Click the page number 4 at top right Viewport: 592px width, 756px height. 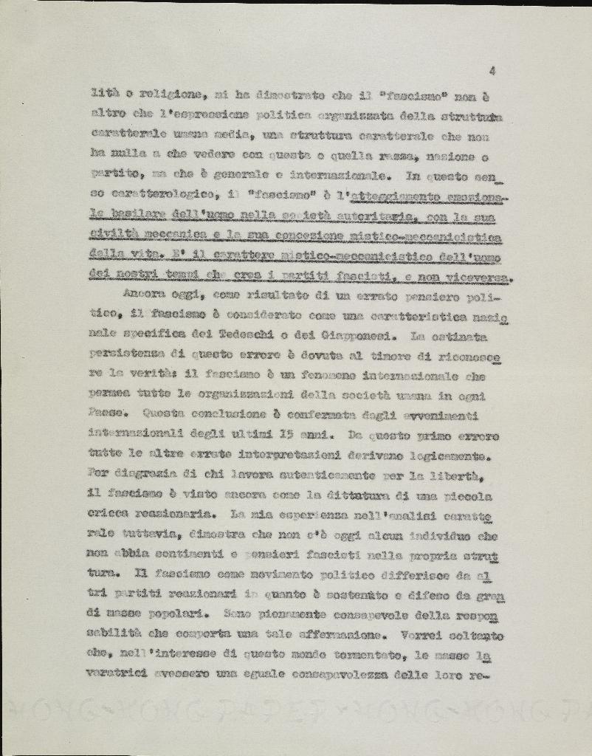(491, 71)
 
